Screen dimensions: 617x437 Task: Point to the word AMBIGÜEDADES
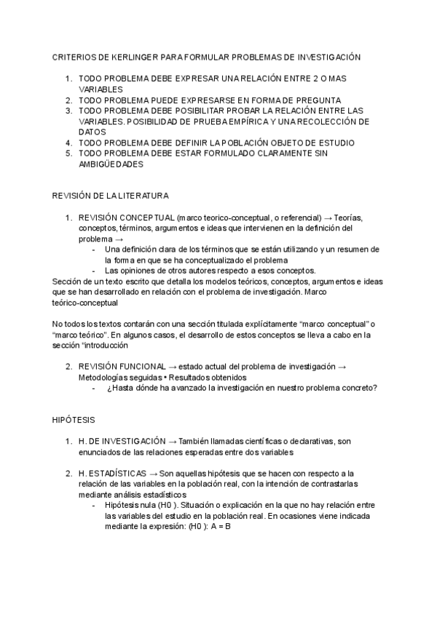(111, 164)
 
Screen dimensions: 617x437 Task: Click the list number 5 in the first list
(68, 154)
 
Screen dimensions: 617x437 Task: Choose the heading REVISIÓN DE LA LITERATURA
(111, 196)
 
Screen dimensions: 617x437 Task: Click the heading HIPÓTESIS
(74, 421)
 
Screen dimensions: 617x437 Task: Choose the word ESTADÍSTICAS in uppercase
(117, 474)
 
